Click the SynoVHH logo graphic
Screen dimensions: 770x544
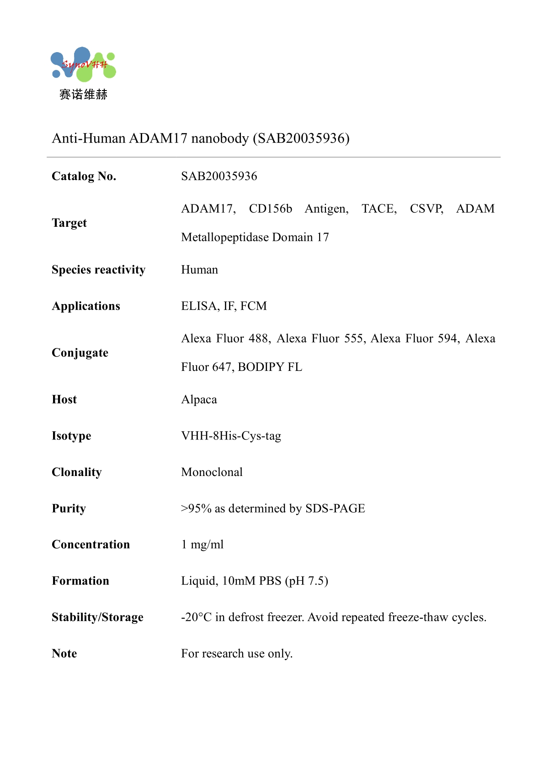[x=83, y=64]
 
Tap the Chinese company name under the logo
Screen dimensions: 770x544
[x=83, y=95]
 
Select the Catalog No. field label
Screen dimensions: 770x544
[x=84, y=176]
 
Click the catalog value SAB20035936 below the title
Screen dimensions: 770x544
[x=219, y=176]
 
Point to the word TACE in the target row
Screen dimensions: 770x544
[x=379, y=209]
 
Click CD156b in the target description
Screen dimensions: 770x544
[x=270, y=209]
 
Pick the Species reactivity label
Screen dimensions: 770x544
[x=98, y=270]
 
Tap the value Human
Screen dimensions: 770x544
[x=199, y=270]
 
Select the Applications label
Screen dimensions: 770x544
[x=86, y=306]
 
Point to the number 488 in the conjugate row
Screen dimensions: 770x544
[x=260, y=338]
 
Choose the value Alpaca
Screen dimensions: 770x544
[x=199, y=400]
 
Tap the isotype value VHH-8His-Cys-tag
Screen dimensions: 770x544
[x=231, y=436]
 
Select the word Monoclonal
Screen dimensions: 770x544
[x=212, y=472]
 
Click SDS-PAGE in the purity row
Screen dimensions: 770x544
[x=335, y=508]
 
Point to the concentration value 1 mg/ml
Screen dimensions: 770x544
[x=202, y=545]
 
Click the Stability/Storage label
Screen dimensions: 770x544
[x=97, y=617]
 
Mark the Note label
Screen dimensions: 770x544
[x=64, y=653]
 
